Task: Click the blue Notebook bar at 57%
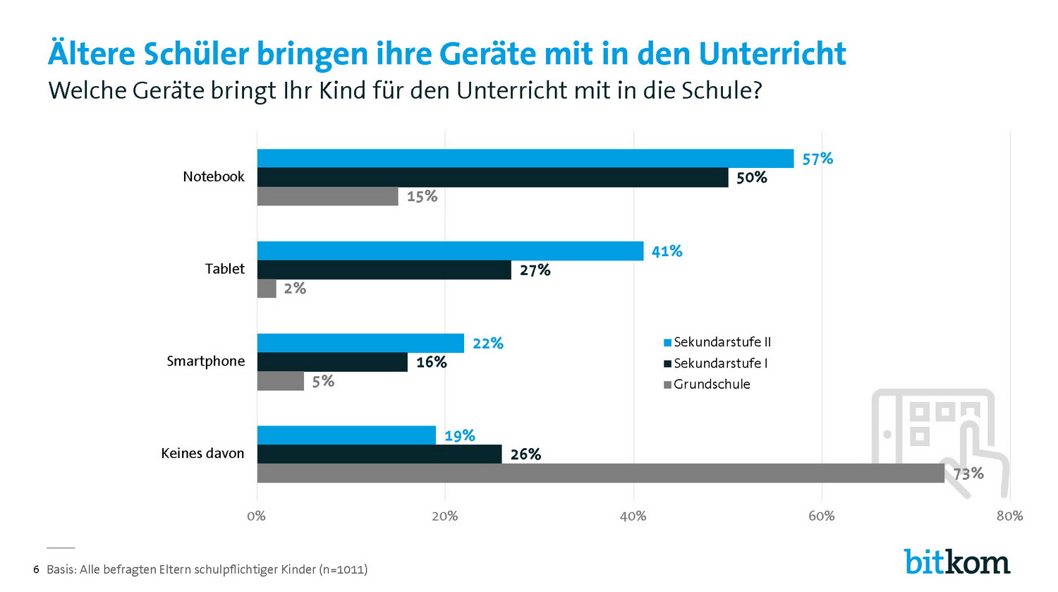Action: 525,158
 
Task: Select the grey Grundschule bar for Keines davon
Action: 600,473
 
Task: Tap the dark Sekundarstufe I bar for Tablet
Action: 384,270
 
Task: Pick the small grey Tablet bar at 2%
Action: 267,288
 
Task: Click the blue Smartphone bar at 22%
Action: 360,343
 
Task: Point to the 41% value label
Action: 667,251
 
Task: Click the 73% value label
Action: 968,473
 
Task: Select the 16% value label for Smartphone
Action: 432,362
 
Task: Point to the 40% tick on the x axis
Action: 633,516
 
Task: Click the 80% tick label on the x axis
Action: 1009,516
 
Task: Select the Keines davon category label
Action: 202,453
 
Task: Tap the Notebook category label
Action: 213,176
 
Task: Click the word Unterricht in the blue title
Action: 772,54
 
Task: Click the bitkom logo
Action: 957,562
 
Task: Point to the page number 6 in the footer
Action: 36,569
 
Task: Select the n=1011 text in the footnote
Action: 343,569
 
